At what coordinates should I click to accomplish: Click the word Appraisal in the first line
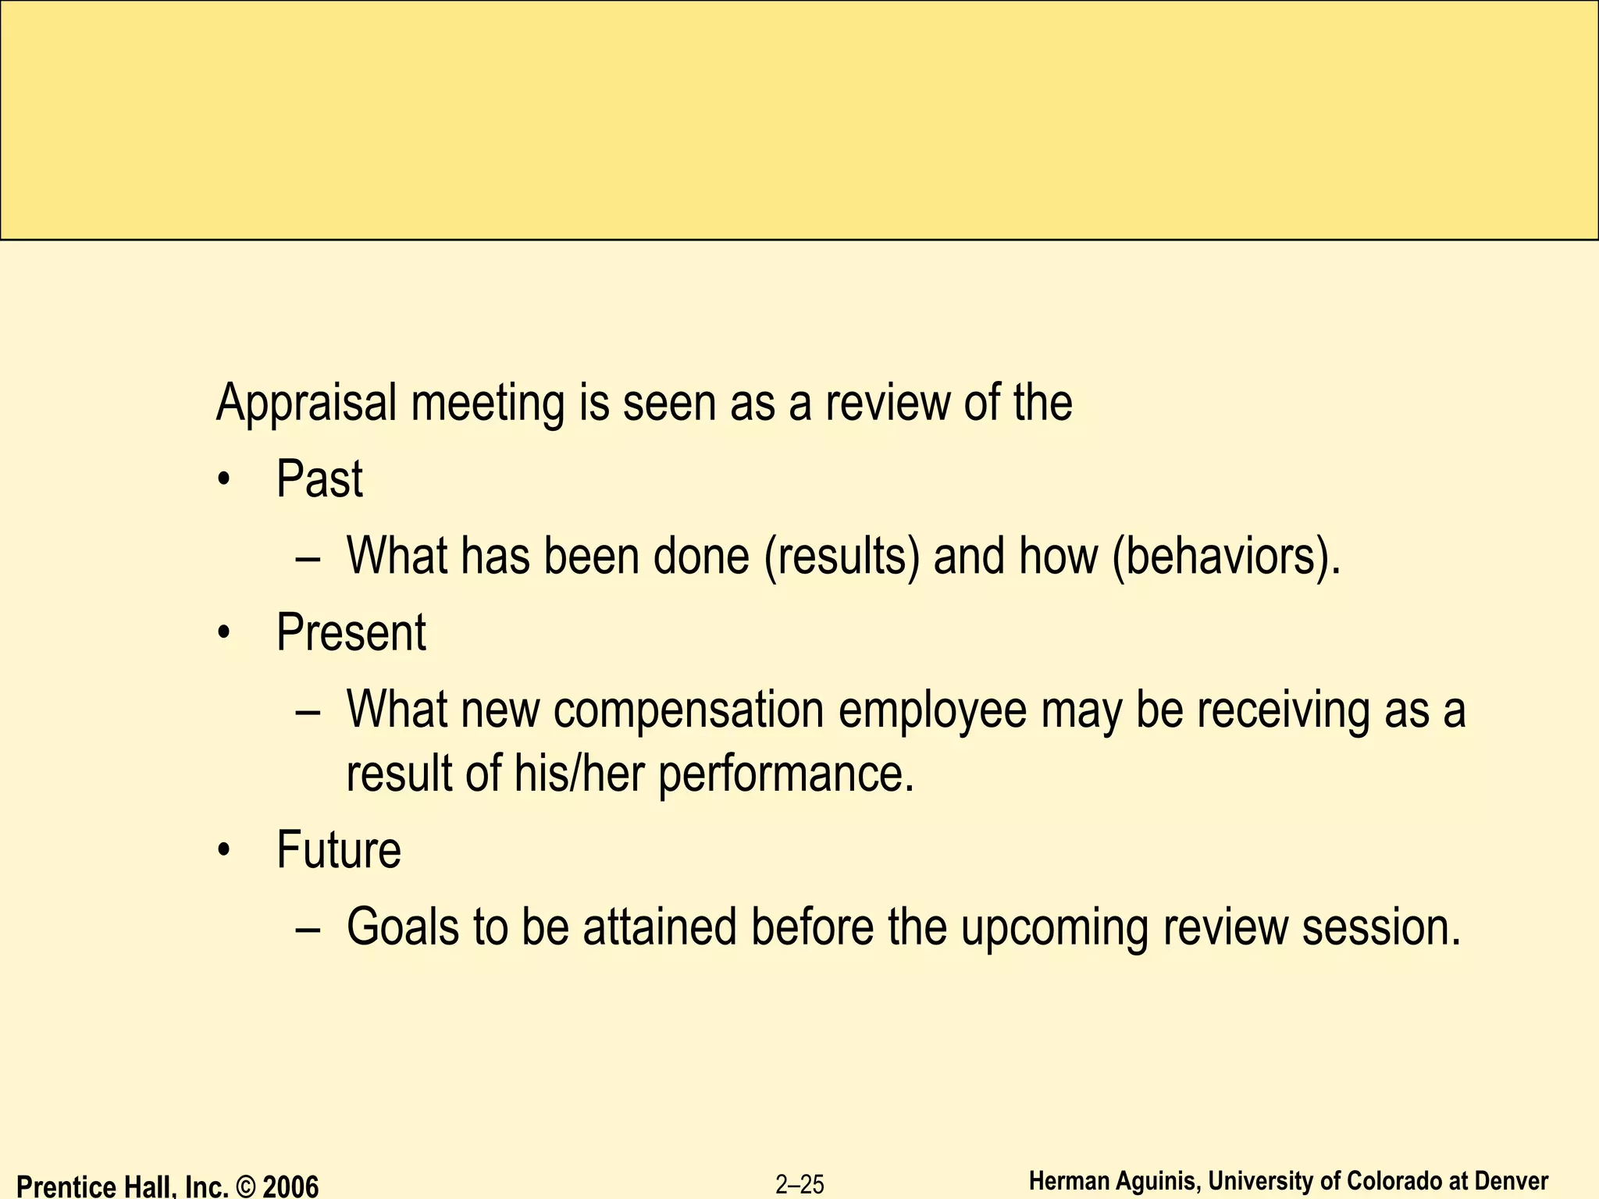point(306,403)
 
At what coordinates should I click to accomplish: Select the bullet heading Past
point(319,479)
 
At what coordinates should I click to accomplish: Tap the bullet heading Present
point(351,632)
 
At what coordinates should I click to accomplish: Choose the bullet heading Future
point(339,850)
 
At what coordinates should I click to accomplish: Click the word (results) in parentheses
point(842,557)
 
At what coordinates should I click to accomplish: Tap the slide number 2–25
point(799,1185)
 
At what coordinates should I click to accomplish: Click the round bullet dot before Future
point(225,850)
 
